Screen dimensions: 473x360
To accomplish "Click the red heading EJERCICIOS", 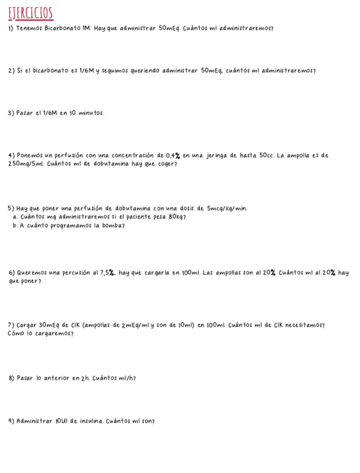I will pyautogui.click(x=30, y=13).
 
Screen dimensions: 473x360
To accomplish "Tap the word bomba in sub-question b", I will pyautogui.click(x=109, y=225).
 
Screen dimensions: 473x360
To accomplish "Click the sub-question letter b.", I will pyautogui.click(x=14, y=225).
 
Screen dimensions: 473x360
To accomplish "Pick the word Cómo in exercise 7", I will pyautogui.click(x=17, y=334).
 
